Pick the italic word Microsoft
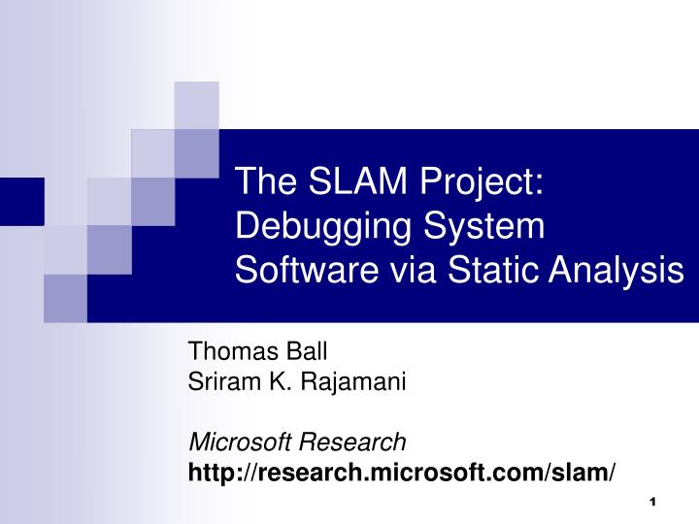click(232, 442)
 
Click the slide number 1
click(651, 501)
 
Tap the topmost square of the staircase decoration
click(196, 104)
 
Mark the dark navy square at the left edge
click(21, 201)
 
